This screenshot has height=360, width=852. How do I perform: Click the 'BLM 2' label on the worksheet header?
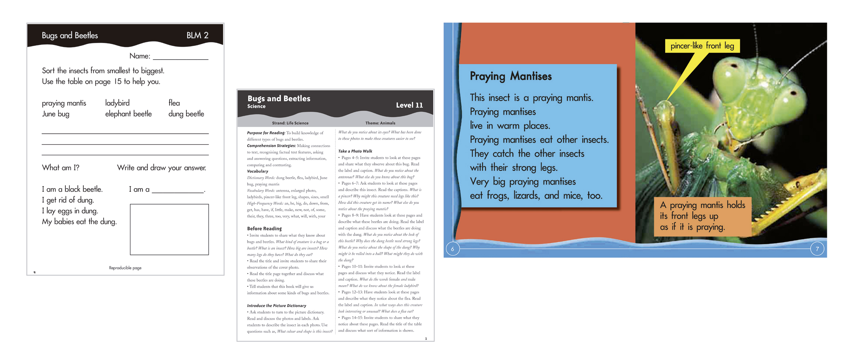click(x=197, y=36)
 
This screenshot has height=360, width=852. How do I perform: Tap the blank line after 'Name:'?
click(x=181, y=57)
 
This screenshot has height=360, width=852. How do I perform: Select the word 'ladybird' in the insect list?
click(x=117, y=103)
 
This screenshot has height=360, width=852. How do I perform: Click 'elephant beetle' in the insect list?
click(x=128, y=114)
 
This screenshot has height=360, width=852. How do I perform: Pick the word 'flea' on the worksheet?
click(x=174, y=103)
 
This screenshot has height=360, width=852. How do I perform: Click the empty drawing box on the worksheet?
click(x=169, y=229)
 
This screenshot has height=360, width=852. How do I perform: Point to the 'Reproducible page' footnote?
click(x=125, y=268)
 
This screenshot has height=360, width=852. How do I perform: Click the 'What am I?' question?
click(x=61, y=168)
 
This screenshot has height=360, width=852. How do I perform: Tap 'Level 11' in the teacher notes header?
click(x=409, y=105)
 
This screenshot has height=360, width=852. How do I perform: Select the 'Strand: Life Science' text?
click(x=290, y=123)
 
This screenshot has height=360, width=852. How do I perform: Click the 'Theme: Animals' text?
click(x=380, y=123)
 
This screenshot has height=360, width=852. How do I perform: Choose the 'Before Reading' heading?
click(x=264, y=229)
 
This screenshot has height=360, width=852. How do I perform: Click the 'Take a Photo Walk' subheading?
click(x=355, y=151)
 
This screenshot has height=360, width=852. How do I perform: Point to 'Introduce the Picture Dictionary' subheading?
click(x=276, y=306)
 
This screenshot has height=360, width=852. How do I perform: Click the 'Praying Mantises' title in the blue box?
click(x=511, y=76)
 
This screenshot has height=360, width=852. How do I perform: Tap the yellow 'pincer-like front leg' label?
click(x=702, y=46)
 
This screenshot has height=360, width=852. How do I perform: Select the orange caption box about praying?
click(x=702, y=216)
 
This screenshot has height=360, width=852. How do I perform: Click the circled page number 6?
click(x=452, y=249)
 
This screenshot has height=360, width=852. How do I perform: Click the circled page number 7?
click(x=817, y=249)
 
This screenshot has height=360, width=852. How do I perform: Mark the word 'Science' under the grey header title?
click(x=256, y=107)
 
